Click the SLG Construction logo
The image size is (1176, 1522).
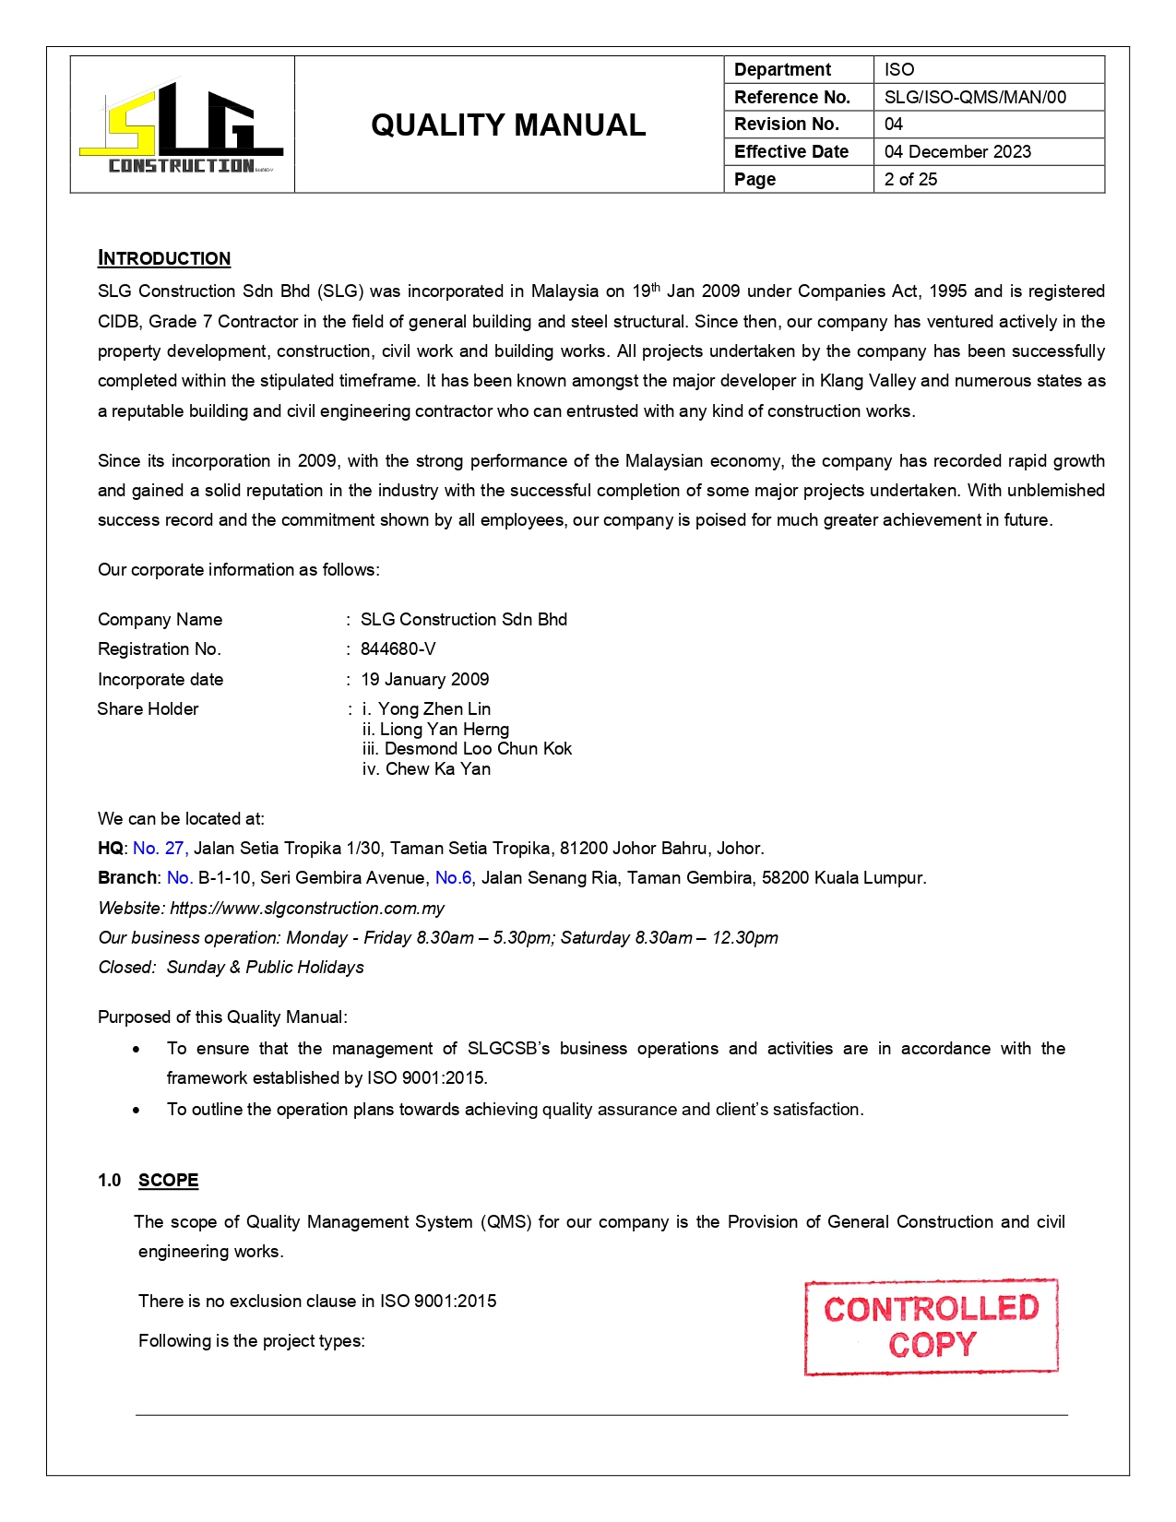182,126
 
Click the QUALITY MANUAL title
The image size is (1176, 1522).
508,125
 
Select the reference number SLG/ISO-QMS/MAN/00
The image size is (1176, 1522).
975,97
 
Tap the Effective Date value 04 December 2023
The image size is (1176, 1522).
957,151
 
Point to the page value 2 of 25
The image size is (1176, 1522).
910,179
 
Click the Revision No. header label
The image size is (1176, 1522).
786,124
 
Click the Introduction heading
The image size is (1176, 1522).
164,258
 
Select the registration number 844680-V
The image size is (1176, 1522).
398,649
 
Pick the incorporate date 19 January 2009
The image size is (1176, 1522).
424,680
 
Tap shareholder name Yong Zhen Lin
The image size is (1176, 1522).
434,709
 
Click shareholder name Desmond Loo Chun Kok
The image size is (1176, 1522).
478,749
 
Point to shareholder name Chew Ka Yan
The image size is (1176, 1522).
437,769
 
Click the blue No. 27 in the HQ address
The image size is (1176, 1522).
160,849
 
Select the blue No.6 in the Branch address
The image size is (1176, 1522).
453,878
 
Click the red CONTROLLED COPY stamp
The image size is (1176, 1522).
931,1326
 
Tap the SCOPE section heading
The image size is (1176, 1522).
168,1181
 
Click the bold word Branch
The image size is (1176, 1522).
127,878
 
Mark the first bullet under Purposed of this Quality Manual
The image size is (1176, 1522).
137,1050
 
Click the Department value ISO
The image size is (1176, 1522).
899,69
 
